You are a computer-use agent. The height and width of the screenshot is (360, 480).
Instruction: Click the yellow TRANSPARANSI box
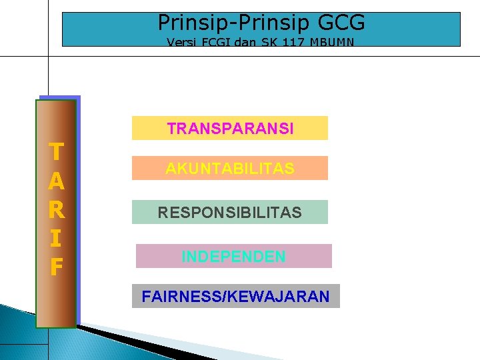click(230, 128)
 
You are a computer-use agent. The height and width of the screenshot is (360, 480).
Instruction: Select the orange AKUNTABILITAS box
click(230, 168)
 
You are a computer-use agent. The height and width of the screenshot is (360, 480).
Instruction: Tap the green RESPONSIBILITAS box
click(230, 212)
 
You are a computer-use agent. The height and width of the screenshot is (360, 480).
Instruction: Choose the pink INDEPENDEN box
click(233, 256)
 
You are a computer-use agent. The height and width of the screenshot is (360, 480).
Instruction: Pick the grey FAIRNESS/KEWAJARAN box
click(235, 296)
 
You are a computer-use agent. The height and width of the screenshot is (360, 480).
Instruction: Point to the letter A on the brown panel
click(57, 181)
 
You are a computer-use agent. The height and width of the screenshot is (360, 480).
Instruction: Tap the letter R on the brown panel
click(57, 209)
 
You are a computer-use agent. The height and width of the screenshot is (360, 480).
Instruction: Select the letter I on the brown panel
click(57, 238)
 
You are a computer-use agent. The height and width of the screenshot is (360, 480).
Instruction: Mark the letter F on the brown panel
click(57, 267)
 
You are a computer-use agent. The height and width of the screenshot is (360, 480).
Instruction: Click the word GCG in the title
click(343, 23)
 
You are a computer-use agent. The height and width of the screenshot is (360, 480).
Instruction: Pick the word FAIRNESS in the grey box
click(181, 296)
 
